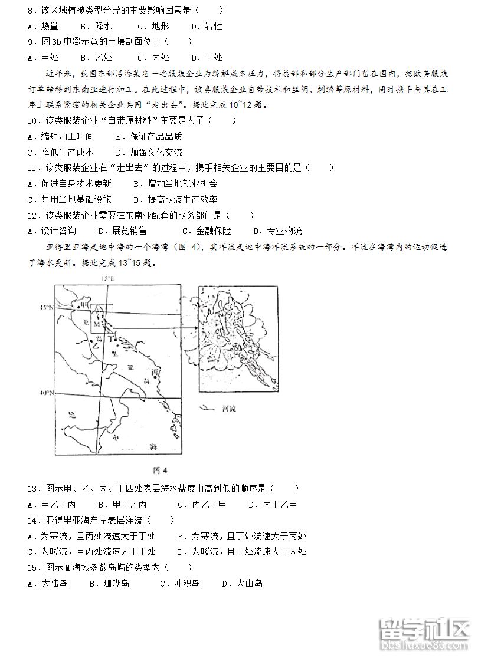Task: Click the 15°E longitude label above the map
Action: [107, 278]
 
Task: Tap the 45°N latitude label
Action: [47, 308]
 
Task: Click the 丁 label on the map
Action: [110, 334]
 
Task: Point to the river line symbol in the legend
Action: [206, 407]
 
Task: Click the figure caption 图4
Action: [160, 470]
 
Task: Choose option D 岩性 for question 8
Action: [207, 26]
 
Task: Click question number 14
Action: [33, 520]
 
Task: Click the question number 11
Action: [33, 167]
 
